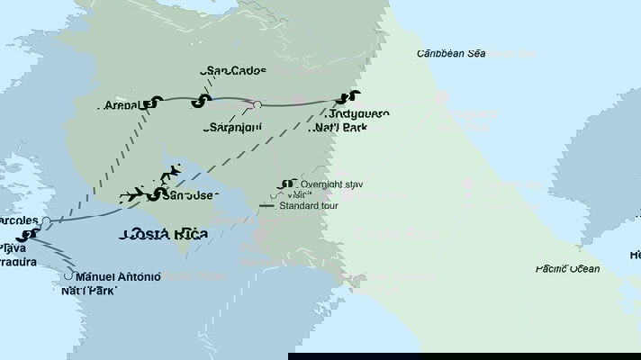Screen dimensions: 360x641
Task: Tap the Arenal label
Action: (119, 105)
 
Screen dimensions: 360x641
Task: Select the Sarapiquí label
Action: (233, 128)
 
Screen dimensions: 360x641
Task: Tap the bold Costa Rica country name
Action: (164, 235)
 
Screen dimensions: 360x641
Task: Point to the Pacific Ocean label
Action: (567, 268)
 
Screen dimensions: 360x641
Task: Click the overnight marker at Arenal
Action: (158, 103)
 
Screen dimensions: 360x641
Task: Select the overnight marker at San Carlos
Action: (203, 100)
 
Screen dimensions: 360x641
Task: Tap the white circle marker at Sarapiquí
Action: (257, 105)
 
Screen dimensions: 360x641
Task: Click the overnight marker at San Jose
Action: (158, 194)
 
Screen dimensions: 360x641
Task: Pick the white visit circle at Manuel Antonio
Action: (69, 276)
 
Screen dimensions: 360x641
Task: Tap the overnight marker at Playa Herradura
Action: (30, 236)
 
